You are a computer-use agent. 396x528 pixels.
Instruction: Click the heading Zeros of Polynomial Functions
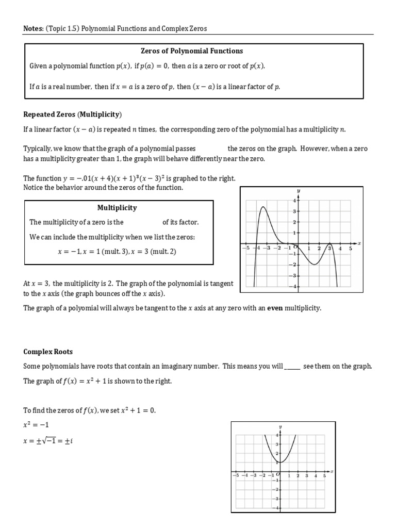click(x=192, y=51)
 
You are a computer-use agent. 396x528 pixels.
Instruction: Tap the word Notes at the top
click(x=33, y=28)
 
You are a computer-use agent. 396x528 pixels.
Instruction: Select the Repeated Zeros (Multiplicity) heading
click(x=73, y=114)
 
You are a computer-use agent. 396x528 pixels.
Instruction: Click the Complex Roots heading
click(x=48, y=352)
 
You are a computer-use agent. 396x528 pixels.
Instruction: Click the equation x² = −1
click(x=36, y=425)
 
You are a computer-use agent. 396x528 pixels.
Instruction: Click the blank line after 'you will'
click(x=292, y=367)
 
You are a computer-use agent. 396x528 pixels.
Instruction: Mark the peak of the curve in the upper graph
click(x=263, y=207)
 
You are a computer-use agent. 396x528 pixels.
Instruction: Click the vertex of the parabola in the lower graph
click(x=280, y=462)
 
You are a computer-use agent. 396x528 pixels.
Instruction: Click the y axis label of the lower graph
click(x=280, y=427)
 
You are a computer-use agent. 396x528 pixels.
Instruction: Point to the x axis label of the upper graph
click(x=359, y=242)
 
